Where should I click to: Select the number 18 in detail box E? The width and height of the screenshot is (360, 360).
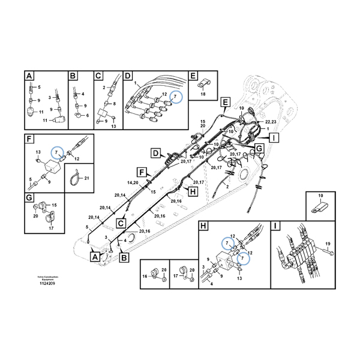[202, 95]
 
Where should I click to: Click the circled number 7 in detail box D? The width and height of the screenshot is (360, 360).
[175, 96]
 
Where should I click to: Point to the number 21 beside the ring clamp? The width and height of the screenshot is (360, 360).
[86, 178]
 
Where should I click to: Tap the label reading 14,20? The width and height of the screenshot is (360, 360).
[133, 182]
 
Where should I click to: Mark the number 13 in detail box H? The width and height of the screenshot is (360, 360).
[239, 279]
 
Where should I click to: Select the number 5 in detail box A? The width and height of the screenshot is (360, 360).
[39, 88]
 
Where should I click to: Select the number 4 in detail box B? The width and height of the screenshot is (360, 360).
[83, 94]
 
